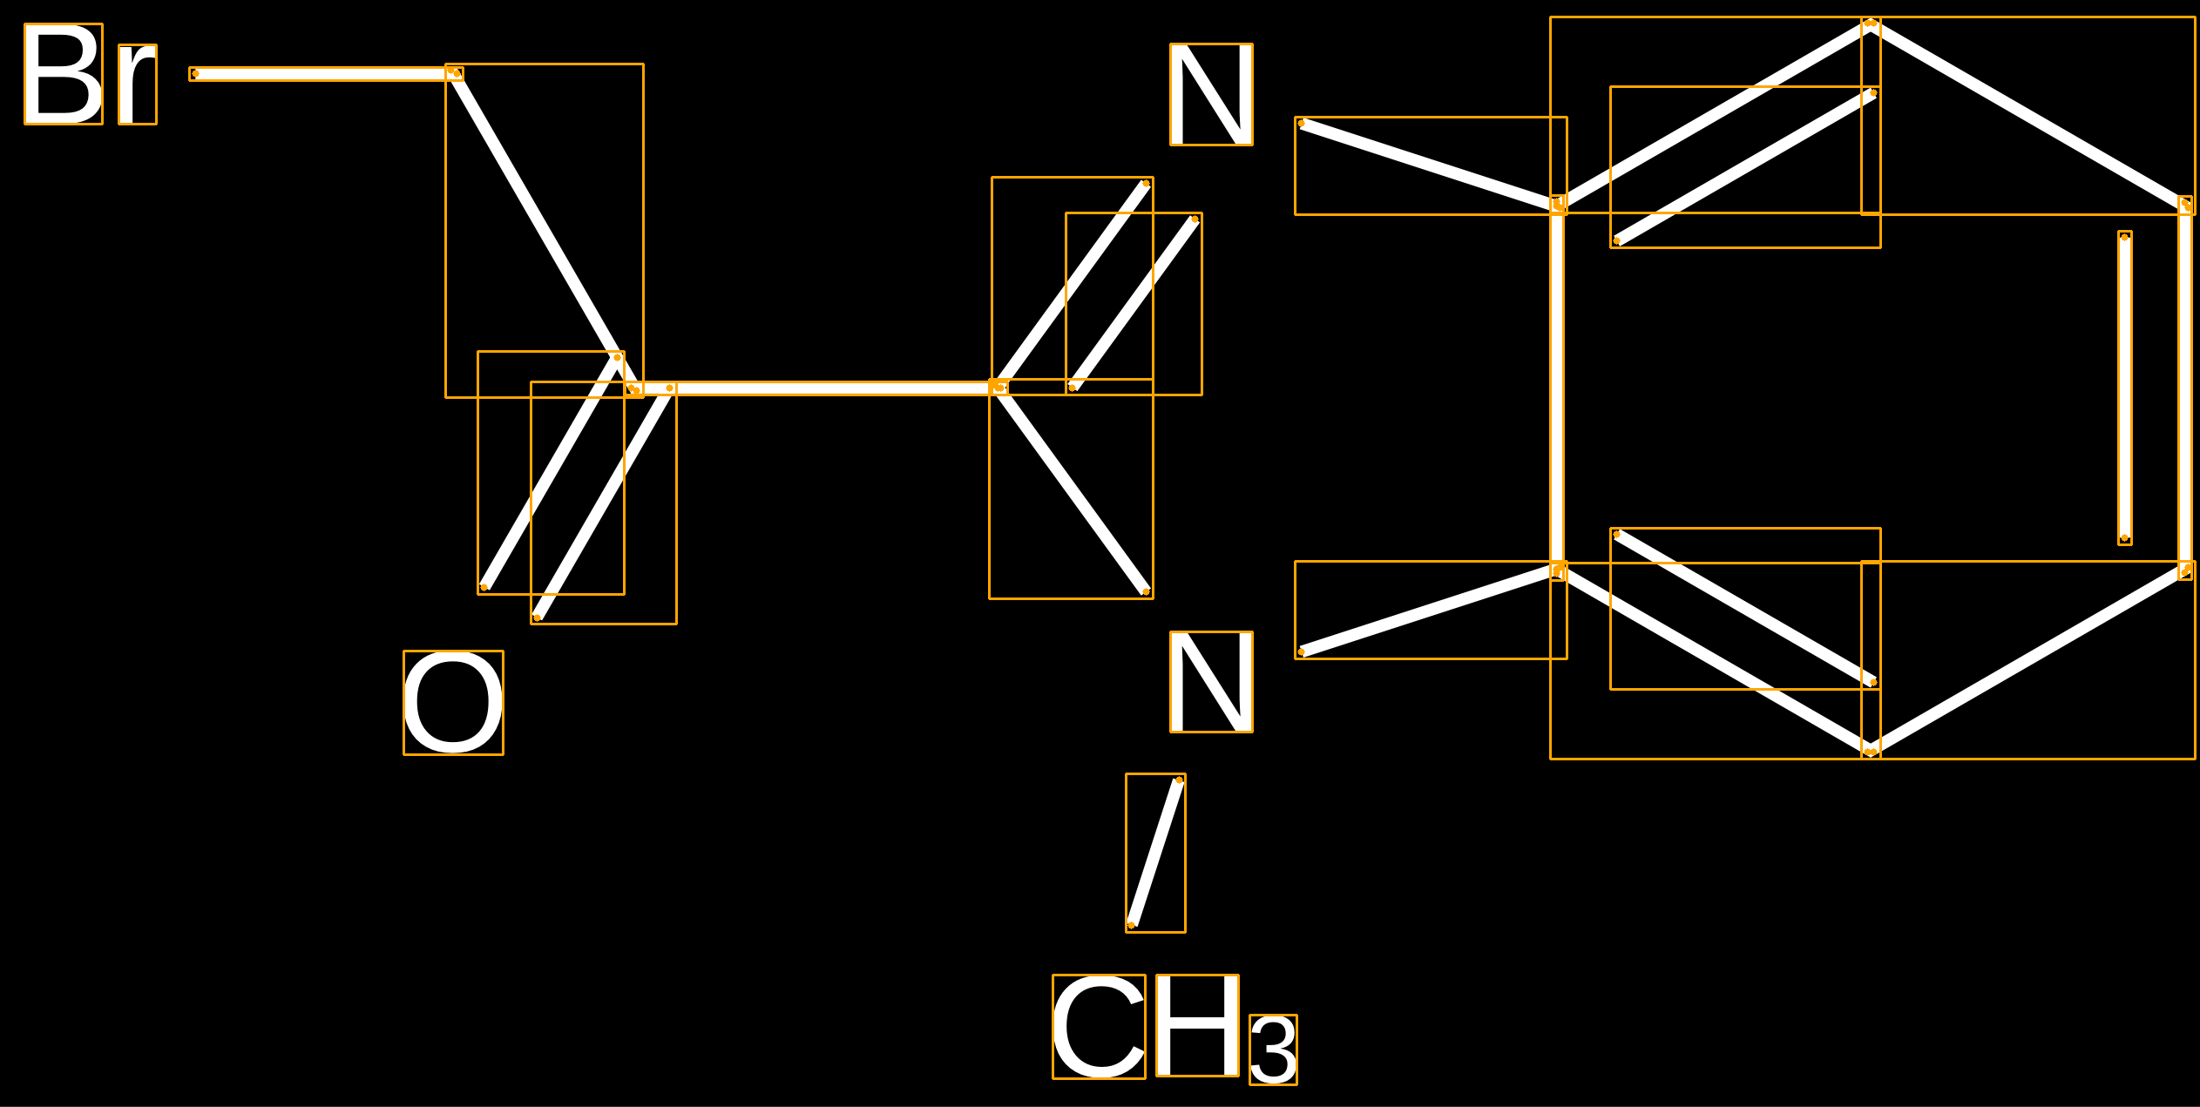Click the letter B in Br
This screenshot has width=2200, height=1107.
(x=64, y=74)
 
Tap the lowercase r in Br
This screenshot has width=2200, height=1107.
(x=138, y=84)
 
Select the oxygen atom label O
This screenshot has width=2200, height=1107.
(x=453, y=703)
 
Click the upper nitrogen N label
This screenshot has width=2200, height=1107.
(x=1211, y=94)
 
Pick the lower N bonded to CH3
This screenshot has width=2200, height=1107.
(x=1211, y=682)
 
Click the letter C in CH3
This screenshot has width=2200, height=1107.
(x=1099, y=1027)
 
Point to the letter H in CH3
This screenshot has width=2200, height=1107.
(x=1197, y=1026)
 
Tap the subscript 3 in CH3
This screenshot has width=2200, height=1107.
(x=1273, y=1050)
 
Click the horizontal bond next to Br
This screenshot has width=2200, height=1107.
(x=326, y=74)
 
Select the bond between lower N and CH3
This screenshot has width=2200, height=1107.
(x=1155, y=853)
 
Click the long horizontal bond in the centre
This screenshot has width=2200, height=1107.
(x=817, y=388)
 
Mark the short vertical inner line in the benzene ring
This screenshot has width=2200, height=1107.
(x=2125, y=388)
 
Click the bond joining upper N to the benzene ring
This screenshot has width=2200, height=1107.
(x=1431, y=165)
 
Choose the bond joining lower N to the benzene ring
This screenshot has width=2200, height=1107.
(x=1431, y=610)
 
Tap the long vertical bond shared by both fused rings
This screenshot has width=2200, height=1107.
(x=1557, y=388)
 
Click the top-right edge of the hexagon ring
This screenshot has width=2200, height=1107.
(x=2028, y=115)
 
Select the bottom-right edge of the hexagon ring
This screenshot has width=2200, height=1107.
(x=2028, y=660)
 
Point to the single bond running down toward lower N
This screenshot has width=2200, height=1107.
(x=1072, y=489)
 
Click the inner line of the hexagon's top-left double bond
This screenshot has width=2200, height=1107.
(x=1745, y=167)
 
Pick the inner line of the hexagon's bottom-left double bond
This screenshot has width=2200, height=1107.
(x=1745, y=609)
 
